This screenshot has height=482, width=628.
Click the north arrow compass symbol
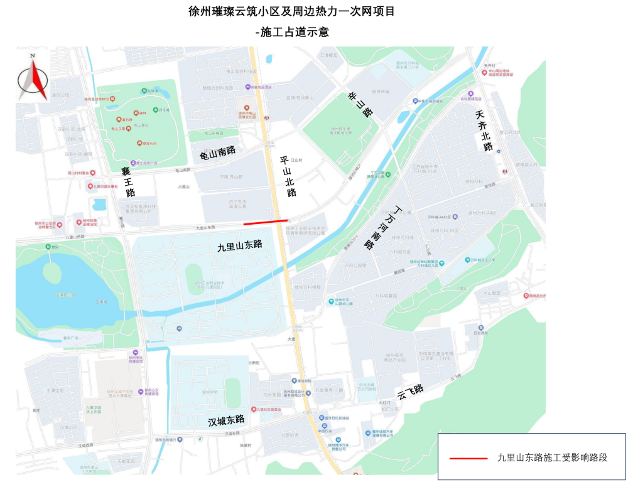coord(32,80)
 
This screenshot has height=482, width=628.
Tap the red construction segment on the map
coord(266,222)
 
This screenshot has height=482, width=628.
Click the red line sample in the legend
coord(468,458)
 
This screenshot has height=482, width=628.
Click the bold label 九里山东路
coord(239,245)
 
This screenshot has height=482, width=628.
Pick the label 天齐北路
coord(484,131)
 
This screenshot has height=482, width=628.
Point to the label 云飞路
coord(410,392)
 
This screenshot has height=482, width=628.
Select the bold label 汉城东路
coord(226,421)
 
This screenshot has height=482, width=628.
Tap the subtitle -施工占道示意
coord(292,31)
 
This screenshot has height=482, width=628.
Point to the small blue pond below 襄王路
coord(99,204)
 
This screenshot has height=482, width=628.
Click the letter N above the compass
coord(32,57)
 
